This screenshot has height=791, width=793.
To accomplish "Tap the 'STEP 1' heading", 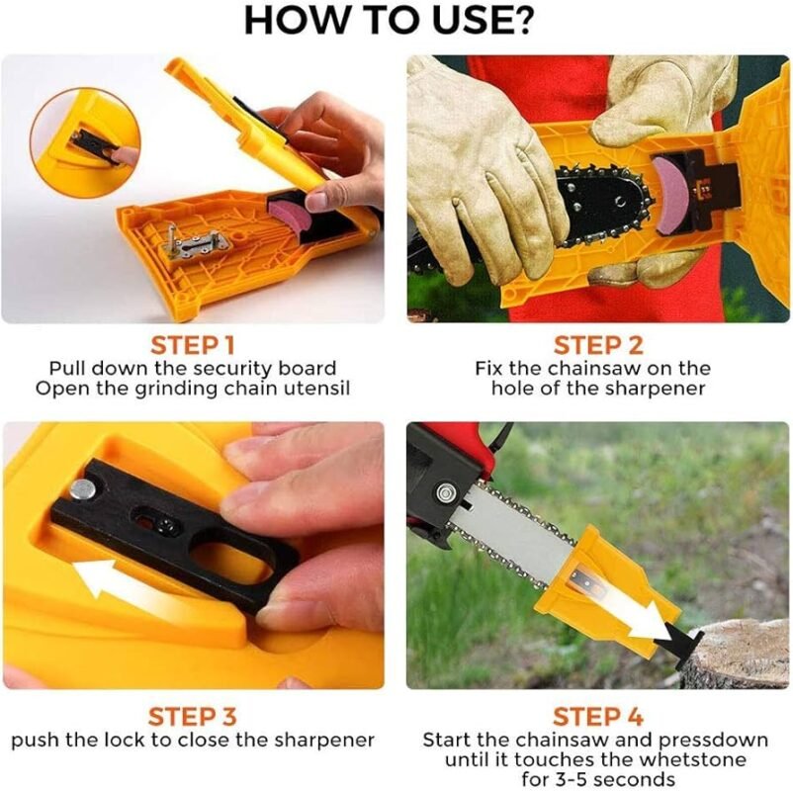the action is point(193,346).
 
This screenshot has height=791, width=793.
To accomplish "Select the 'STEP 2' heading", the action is point(598,346).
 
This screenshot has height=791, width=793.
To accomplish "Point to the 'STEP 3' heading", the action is point(192,717).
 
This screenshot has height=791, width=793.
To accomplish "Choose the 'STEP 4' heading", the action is point(597,717).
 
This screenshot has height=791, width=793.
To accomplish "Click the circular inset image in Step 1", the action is point(85,140).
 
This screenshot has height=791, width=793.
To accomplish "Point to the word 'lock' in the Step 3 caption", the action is point(127,741).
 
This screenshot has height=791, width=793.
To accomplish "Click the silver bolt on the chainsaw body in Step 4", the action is point(445,492).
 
